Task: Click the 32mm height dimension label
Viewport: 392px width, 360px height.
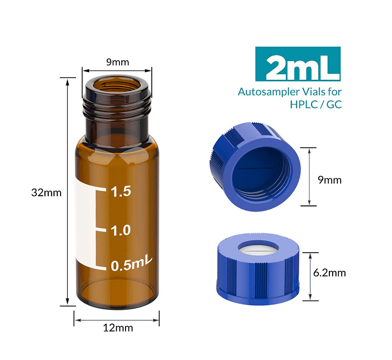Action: pos(46,192)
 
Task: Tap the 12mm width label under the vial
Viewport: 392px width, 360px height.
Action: pos(118,328)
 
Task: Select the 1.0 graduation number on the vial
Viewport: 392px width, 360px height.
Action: pos(120,230)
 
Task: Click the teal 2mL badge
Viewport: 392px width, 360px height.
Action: pos(298,64)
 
